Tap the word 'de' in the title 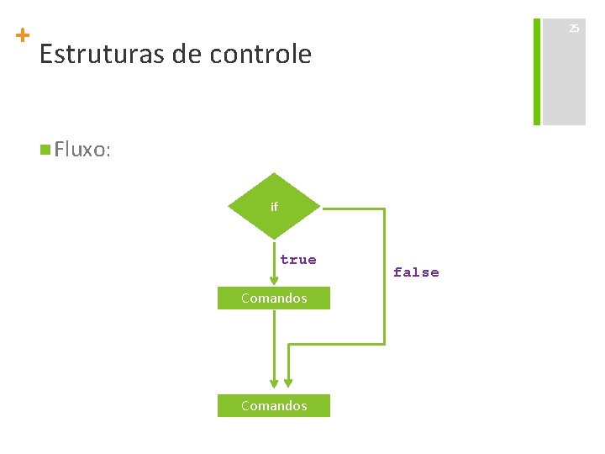click(186, 55)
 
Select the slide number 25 click(573, 29)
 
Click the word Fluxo click(83, 150)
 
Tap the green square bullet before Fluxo click(45, 150)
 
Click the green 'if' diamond click(274, 206)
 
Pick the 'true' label click(298, 260)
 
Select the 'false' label click(416, 272)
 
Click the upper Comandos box click(274, 298)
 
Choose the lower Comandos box click(274, 405)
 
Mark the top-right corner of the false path click(384, 208)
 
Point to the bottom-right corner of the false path click(384, 343)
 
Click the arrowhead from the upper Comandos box click(274, 386)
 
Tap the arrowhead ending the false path click(288, 386)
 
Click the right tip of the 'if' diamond click(320, 207)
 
